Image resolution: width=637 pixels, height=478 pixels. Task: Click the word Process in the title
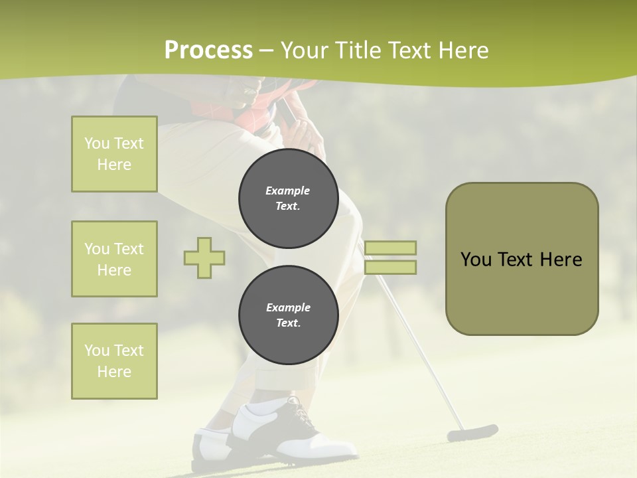pos(208,50)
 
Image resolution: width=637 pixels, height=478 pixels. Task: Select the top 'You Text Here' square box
pos(114,154)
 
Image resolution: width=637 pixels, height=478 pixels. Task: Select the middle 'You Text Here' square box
pos(114,259)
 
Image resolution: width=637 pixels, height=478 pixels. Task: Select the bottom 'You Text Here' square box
pos(114,361)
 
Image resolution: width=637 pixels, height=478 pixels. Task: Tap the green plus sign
pos(204,258)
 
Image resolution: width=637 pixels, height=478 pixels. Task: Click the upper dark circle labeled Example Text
pos(288,199)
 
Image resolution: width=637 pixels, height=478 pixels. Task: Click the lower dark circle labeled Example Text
pos(288,315)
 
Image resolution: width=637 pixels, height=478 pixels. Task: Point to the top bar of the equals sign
pos(390,248)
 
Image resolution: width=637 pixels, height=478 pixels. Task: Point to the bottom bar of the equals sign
pos(390,268)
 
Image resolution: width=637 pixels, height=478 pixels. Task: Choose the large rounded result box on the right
pos(522,259)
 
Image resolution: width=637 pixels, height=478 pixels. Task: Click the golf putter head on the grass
pos(472,434)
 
